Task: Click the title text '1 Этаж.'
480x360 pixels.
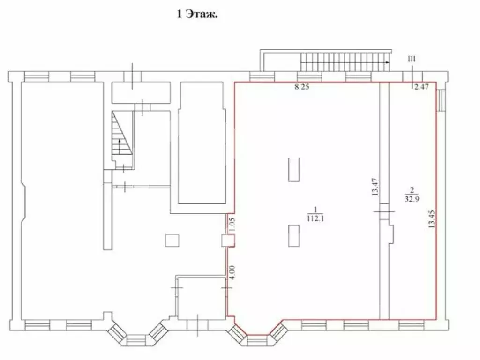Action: point(197,15)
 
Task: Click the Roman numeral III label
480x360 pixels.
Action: point(412,59)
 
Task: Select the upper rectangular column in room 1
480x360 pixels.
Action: point(294,170)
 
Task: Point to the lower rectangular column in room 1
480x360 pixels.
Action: point(294,235)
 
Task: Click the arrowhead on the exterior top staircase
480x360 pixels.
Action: point(387,61)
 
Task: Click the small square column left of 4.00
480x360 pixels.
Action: point(172,240)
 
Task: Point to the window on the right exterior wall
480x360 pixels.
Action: point(441,100)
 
